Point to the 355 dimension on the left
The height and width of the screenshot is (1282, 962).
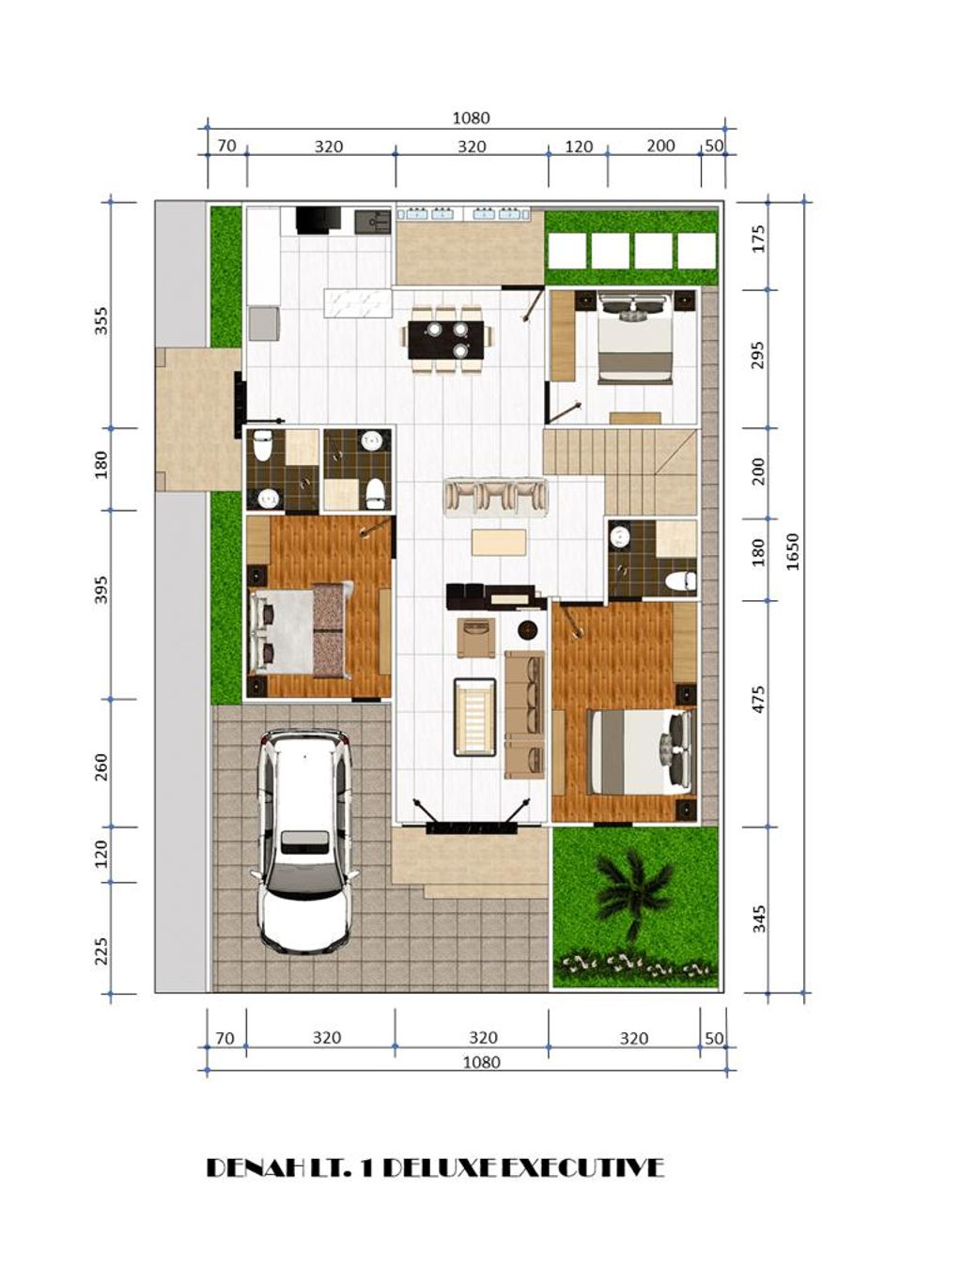101,320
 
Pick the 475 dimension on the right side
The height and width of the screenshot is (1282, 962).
759,699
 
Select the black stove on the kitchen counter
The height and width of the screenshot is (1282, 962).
317,220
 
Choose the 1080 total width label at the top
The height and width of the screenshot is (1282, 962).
471,118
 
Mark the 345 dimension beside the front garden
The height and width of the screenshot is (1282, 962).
759,919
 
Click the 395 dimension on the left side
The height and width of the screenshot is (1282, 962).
101,590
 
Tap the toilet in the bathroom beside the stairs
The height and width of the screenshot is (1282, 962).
680,580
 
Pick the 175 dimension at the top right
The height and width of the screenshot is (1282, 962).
759,239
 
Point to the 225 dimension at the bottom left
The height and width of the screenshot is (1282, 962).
101,950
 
